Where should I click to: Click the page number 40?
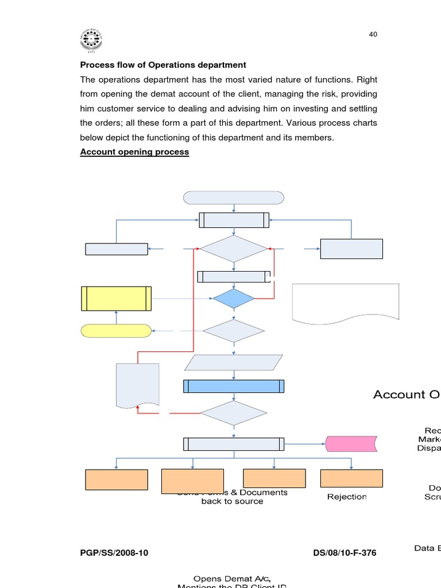click(373, 34)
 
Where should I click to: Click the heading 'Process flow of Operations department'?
click(163, 65)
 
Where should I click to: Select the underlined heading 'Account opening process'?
click(134, 152)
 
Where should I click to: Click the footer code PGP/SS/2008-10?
click(114, 553)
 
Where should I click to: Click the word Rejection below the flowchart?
click(347, 497)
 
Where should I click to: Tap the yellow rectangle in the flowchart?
click(117, 299)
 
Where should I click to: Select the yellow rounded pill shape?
click(117, 331)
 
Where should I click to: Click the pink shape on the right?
click(351, 444)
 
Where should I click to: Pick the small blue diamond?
click(234, 299)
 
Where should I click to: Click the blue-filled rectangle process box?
click(234, 386)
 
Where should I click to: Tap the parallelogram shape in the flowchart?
click(234, 362)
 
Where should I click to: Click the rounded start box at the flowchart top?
click(234, 198)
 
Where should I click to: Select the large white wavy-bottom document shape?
click(346, 301)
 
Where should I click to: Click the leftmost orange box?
click(117, 479)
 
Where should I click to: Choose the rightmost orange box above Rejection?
click(351, 478)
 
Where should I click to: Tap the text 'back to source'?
click(232, 501)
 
